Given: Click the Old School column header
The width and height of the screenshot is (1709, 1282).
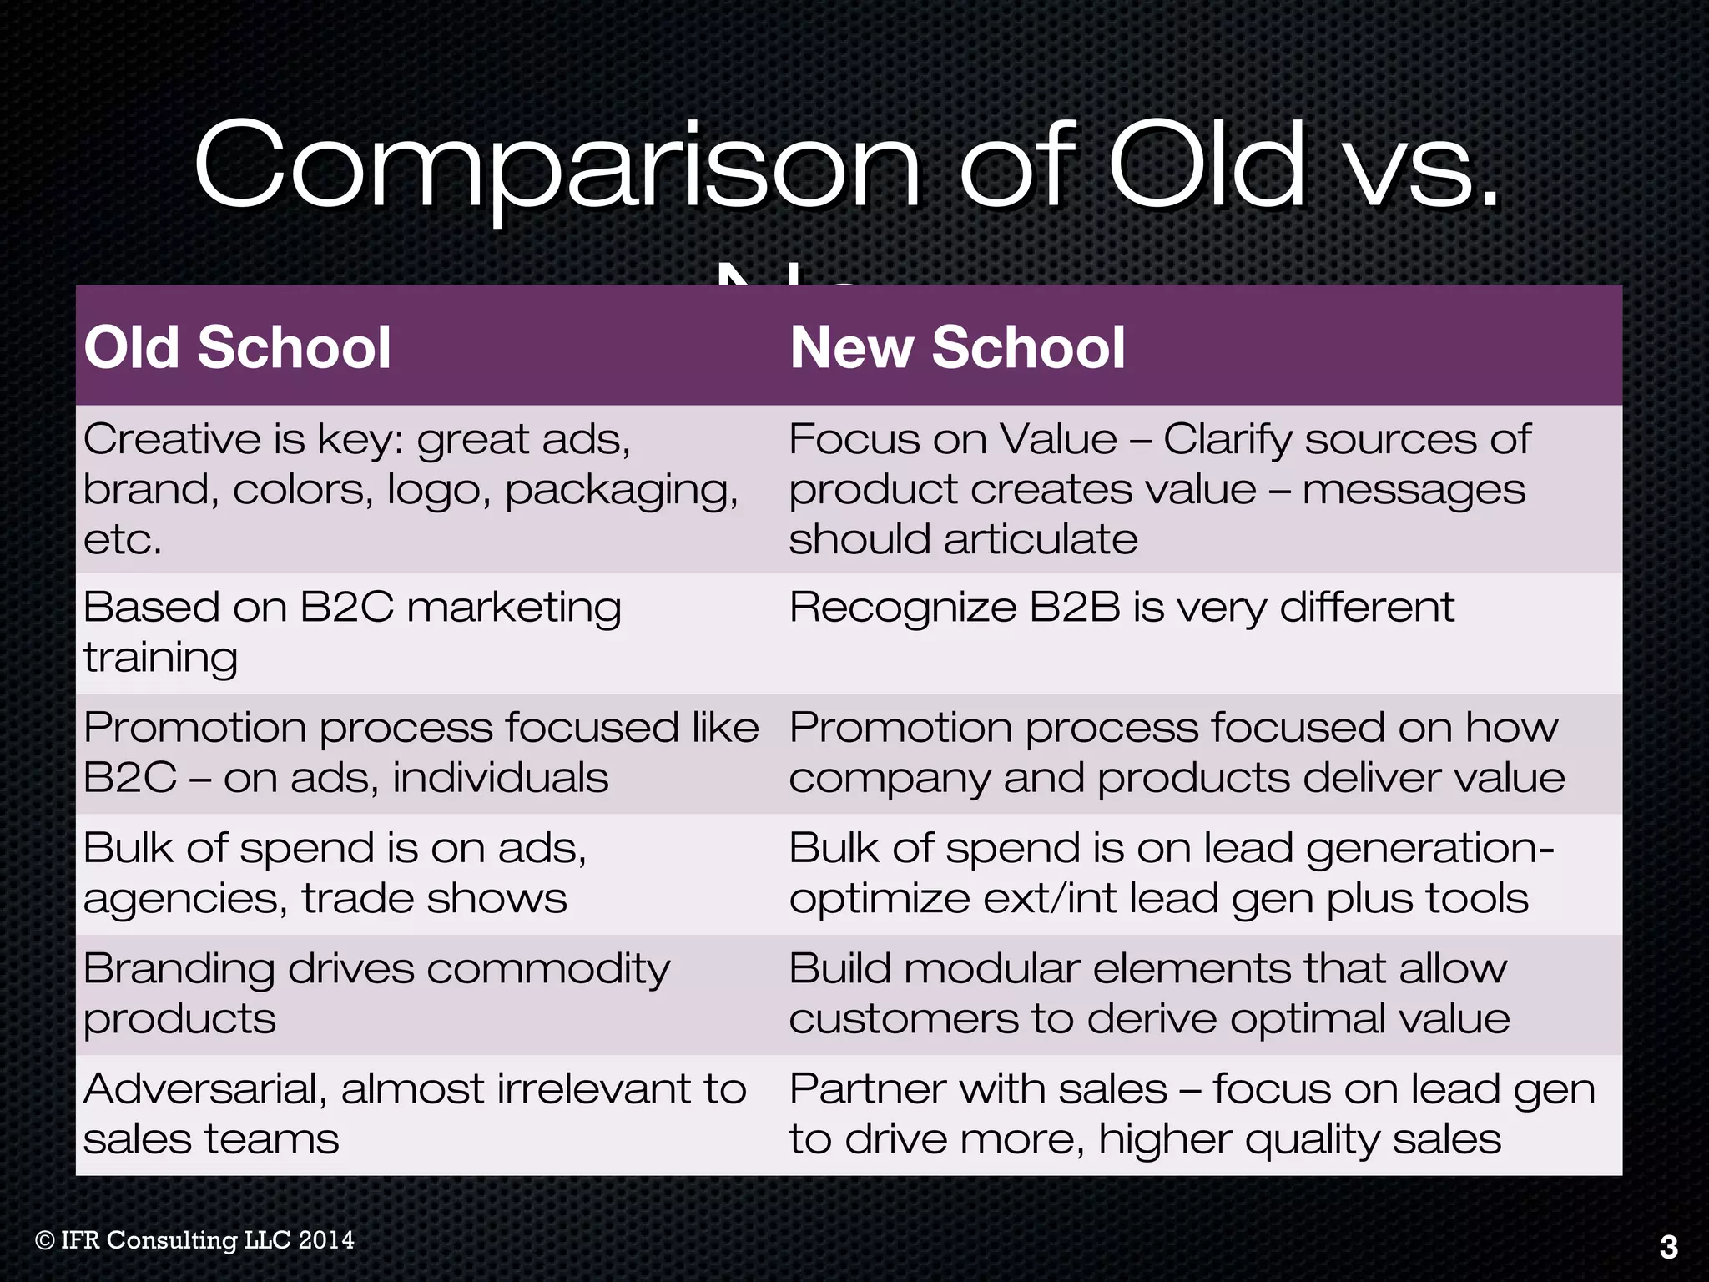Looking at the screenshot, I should tap(237, 347).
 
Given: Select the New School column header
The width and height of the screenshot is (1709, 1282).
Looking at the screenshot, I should tap(957, 347).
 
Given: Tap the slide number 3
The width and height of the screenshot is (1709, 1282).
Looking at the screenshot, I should tap(1668, 1247).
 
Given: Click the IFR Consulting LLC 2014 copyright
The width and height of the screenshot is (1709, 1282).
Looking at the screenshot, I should tap(195, 1240).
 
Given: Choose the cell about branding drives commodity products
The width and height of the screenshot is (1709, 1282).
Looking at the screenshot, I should tap(376, 993).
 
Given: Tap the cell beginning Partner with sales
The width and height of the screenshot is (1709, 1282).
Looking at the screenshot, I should tap(1191, 1114).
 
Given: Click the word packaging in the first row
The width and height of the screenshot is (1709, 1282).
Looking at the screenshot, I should tap(621, 491).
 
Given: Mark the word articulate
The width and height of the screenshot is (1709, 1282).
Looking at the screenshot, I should tap(1041, 539).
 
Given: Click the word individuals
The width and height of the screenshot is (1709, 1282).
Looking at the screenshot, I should tap(500, 778).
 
